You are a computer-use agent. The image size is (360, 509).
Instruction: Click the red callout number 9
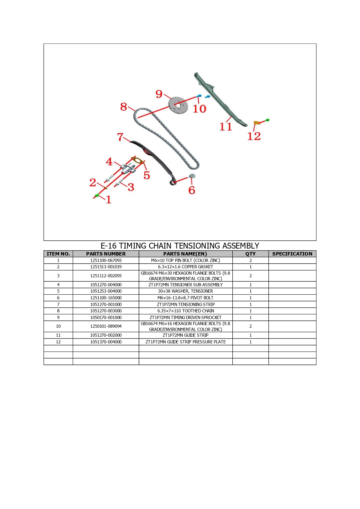pyautogui.click(x=159, y=94)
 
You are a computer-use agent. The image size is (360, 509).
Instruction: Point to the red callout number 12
pyautogui.click(x=254, y=136)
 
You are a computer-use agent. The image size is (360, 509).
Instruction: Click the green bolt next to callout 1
pyautogui.click(x=97, y=195)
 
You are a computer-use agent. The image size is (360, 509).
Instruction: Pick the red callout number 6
pyautogui.click(x=192, y=190)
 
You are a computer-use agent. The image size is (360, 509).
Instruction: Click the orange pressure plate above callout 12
pyautogui.click(x=256, y=123)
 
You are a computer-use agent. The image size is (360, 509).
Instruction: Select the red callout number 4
pyautogui.click(x=109, y=161)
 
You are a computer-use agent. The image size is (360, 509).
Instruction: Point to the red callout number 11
pyautogui.click(x=226, y=126)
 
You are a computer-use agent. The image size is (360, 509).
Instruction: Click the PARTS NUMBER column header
pyautogui.click(x=106, y=254)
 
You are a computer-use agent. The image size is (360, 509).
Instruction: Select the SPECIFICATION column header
pyautogui.click(x=292, y=254)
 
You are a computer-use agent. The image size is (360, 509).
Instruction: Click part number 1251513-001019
pyautogui.click(x=106, y=267)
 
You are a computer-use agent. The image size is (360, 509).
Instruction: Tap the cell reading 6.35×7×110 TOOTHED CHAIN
pyautogui.click(x=186, y=311)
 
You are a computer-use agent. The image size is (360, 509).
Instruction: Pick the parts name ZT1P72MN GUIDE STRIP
pyautogui.click(x=186, y=335)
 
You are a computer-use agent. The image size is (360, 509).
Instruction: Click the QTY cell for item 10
pyautogui.click(x=251, y=326)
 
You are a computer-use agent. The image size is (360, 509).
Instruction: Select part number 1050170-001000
pyautogui.click(x=106, y=318)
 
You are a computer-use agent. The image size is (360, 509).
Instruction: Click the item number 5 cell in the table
pyautogui.click(x=58, y=291)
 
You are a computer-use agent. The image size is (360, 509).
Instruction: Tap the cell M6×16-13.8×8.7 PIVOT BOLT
pyautogui.click(x=186, y=298)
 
